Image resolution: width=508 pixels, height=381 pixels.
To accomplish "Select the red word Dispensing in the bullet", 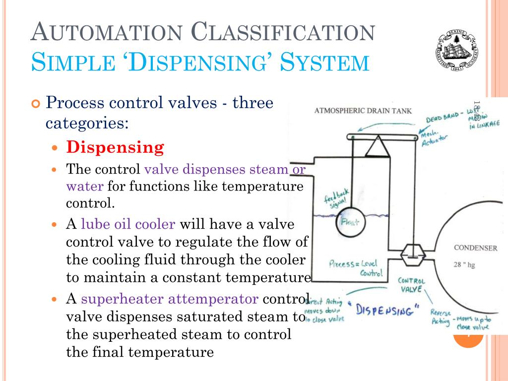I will pyautogui.click(x=115, y=147).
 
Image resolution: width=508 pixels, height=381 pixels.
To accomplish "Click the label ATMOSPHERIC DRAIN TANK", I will pyautogui.click(x=363, y=111).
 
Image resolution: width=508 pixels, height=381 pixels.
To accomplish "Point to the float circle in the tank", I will pyautogui.click(x=350, y=225).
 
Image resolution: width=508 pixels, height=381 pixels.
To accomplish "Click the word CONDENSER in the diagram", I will pyautogui.click(x=475, y=248).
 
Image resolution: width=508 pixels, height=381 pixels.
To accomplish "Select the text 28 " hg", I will pyautogui.click(x=464, y=265).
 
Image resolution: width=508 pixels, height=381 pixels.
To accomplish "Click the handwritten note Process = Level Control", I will pyautogui.click(x=356, y=268).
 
